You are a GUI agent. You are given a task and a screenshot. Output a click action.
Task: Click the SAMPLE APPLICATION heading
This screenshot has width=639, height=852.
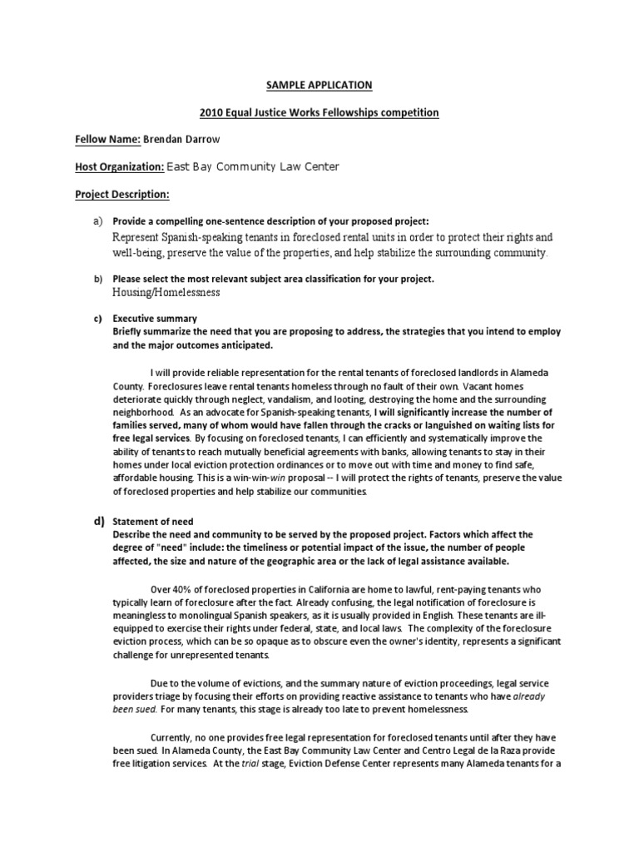tap(319, 85)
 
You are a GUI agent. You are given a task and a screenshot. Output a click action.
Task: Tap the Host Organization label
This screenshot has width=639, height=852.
tap(119, 166)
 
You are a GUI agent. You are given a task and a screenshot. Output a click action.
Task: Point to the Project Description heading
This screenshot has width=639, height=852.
tap(121, 194)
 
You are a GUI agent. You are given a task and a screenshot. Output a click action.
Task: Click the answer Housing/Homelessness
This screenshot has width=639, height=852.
tap(166, 292)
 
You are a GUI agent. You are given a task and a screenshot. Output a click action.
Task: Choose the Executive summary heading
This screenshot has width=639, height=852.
tap(155, 318)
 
